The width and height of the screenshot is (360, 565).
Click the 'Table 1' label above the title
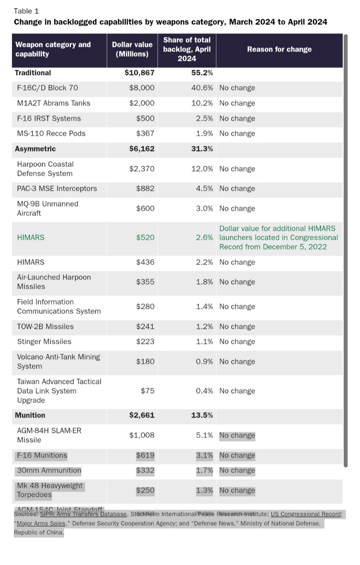[26, 11]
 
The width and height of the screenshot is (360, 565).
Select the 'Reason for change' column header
[279, 49]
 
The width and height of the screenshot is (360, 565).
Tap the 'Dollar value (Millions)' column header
[132, 49]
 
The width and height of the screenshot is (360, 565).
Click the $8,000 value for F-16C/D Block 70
[142, 88]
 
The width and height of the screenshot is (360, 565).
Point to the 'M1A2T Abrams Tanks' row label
[53, 103]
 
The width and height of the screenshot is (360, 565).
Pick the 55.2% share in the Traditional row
[202, 73]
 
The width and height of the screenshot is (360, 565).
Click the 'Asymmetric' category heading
[35, 149]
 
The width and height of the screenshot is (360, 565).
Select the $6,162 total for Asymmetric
[142, 149]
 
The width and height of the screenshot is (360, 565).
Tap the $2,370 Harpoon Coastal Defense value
[142, 169]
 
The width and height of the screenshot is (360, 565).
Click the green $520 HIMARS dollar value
[145, 237]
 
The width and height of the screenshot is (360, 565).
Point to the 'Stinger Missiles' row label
[44, 342]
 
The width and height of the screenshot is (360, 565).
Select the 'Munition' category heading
[30, 415]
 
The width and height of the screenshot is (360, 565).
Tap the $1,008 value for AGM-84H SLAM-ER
[142, 435]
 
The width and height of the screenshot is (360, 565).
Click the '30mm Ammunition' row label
[49, 471]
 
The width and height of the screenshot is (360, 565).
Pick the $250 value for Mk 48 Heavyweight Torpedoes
[145, 490]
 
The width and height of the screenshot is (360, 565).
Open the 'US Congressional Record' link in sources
[306, 514]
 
